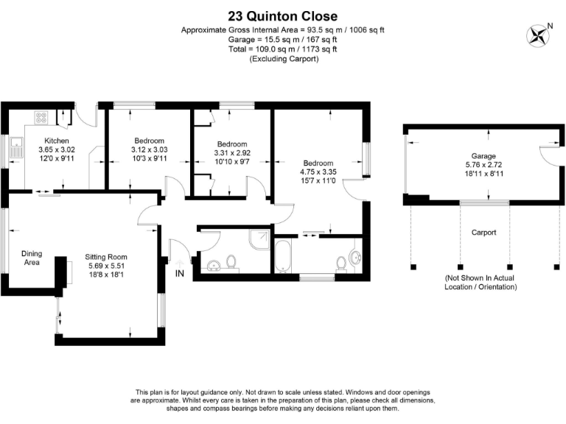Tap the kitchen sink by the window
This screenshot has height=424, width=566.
tap(15, 152)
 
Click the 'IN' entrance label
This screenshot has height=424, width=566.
tap(179, 273)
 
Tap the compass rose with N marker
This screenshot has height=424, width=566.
tap(538, 35)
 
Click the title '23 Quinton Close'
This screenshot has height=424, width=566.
tap(283, 15)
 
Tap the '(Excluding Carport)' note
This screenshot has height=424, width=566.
tap(283, 59)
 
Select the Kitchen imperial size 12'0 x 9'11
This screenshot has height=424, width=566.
tap(57, 158)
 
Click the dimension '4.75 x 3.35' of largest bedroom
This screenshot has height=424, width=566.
tap(318, 172)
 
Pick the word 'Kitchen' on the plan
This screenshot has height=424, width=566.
tap(57, 140)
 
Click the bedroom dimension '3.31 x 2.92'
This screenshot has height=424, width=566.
tap(232, 152)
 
